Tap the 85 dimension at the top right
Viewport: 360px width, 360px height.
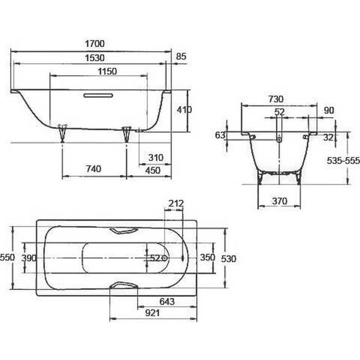click(181, 57)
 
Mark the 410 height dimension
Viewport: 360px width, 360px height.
click(184, 110)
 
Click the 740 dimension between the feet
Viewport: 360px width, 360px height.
click(93, 169)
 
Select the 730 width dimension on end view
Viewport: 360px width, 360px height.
click(275, 99)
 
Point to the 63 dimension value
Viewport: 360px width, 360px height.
click(220, 135)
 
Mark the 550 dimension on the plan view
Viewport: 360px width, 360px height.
click(7, 258)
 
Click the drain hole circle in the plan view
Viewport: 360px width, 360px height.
click(164, 258)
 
